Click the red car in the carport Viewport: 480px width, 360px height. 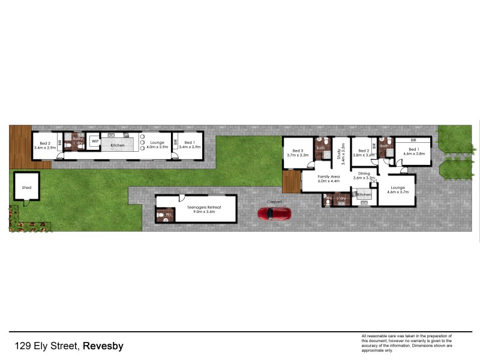click(274, 214)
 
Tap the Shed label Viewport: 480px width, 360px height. click(26, 187)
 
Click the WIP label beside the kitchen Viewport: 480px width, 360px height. click(95, 142)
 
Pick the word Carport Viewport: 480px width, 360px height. click(274, 202)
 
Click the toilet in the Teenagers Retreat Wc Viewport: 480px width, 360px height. click(160, 214)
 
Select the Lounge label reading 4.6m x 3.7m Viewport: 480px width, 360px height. click(397, 188)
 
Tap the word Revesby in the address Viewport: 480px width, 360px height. click(103, 346)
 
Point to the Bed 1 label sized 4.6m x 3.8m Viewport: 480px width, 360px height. click(413, 151)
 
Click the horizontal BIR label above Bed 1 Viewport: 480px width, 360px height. click(413, 140)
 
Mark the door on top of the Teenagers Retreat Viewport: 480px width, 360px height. click(181, 199)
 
